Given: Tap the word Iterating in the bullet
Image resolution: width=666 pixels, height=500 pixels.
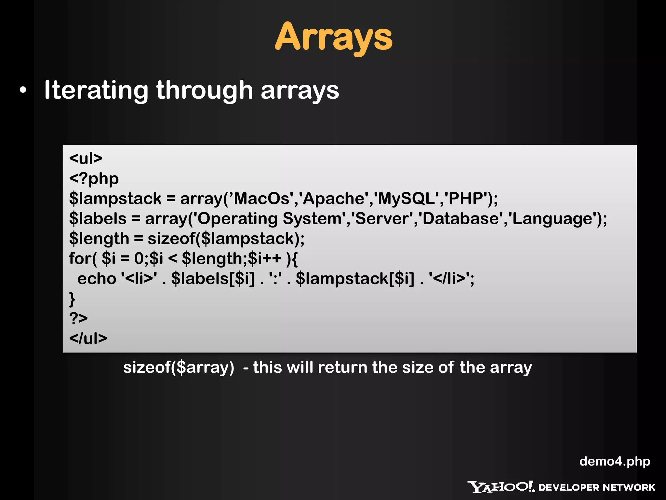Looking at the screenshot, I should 96,90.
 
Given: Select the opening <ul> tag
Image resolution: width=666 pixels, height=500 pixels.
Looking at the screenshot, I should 86,159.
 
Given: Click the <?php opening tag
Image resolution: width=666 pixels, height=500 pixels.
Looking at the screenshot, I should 94,179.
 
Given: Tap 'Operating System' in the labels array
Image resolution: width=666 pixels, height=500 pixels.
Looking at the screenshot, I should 270,218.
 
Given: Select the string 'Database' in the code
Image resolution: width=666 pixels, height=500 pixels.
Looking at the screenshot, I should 460,218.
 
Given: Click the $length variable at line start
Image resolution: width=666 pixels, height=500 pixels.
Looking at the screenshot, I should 99,239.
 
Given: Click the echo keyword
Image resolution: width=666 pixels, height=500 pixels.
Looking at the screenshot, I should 97,279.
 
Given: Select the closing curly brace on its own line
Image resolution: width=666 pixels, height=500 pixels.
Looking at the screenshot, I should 72,299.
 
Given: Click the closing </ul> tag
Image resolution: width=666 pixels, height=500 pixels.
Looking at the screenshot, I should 88,339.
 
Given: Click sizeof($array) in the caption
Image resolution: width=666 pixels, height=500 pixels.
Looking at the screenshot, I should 179,368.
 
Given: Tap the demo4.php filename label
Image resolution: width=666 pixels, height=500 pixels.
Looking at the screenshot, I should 615,461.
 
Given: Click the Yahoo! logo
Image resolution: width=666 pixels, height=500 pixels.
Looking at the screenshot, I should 501,487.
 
